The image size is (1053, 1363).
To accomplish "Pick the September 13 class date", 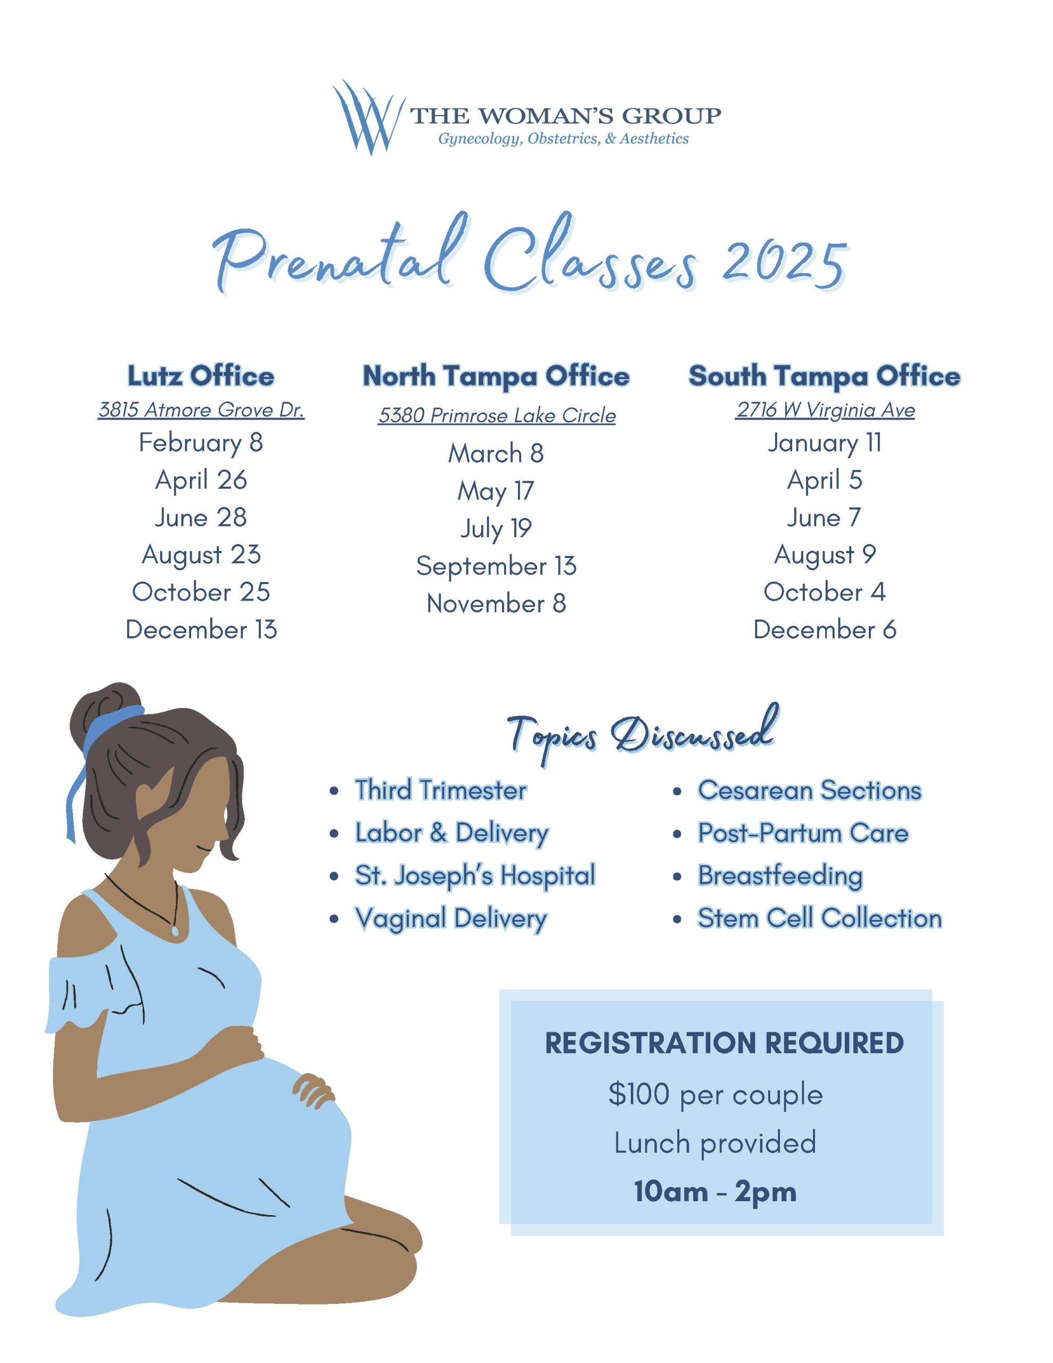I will tap(496, 566).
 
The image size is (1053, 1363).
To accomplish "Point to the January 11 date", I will tap(824, 442).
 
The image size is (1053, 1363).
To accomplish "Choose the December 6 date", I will tap(824, 629).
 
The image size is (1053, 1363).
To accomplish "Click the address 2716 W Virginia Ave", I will tap(825, 409).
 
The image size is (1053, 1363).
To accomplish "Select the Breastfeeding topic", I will tap(779, 876).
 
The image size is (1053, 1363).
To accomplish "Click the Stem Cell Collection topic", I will tap(819, 918).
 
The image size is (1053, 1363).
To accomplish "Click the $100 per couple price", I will tap(715, 1094).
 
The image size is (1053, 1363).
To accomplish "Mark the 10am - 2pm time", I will tap(715, 1192).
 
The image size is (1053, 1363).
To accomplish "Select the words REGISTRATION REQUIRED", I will tap(723, 1043).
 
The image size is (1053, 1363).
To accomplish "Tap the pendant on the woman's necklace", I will tap(175, 931).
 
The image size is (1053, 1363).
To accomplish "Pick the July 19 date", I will tap(496, 529).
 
